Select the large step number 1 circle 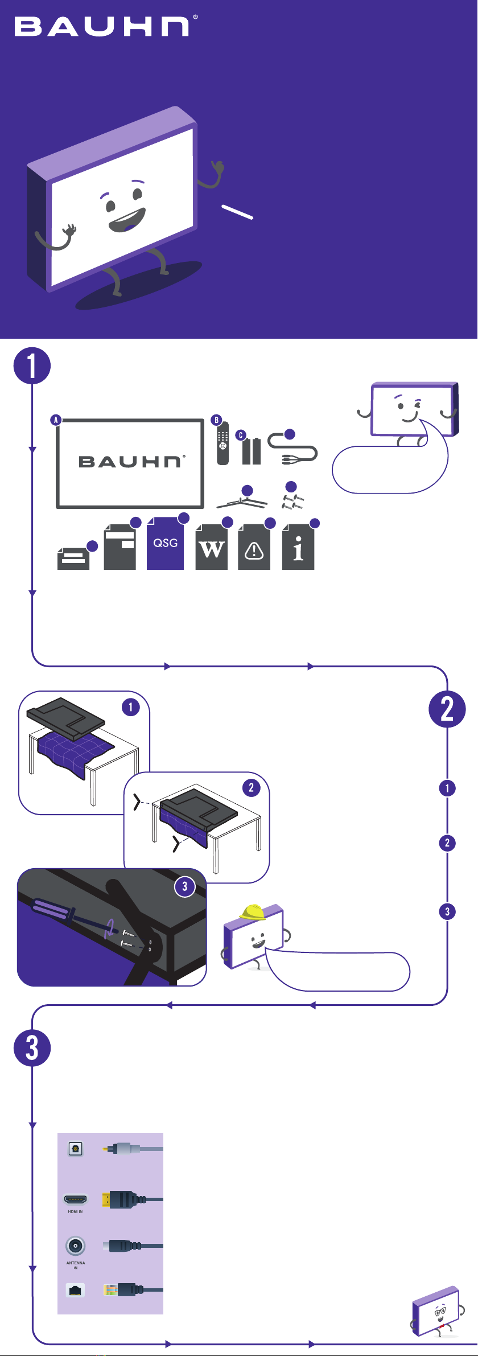tap(32, 366)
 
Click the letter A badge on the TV tap(56, 420)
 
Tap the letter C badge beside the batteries tap(241, 435)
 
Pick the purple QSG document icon tap(166, 544)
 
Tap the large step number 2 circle tap(447, 709)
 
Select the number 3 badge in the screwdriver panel tap(184, 886)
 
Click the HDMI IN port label tap(76, 1211)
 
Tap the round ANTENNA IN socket tap(76, 1246)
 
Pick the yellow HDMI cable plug tap(106, 1199)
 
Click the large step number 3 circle tap(32, 1048)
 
